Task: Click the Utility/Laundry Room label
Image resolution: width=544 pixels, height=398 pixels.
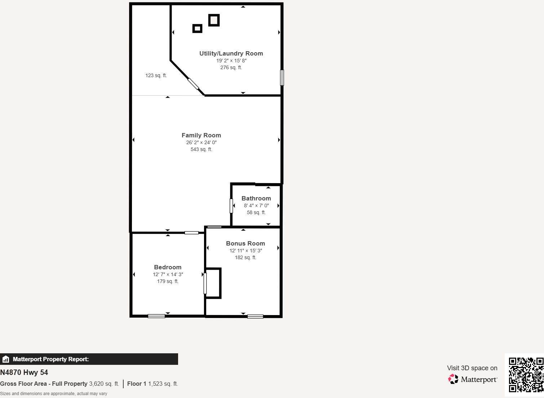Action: coord(231,53)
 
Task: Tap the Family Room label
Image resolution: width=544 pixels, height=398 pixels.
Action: coord(201,135)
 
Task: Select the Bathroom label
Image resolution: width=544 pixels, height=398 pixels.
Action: coord(256,198)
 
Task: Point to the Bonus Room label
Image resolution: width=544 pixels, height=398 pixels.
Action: coord(246,243)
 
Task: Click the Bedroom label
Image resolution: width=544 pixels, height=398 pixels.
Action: coord(168,267)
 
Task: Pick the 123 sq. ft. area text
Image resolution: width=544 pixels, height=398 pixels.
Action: coord(156,75)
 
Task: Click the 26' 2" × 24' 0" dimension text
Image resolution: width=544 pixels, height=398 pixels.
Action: coord(201,142)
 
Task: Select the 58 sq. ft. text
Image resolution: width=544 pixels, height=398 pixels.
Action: coord(256,212)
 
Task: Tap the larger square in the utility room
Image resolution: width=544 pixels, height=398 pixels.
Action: coord(214,20)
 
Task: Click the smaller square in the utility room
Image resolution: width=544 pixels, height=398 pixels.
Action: coord(197,28)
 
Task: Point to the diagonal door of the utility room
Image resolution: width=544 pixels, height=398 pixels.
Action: coord(193,84)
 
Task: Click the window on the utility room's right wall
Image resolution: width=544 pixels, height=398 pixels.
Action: coord(282,78)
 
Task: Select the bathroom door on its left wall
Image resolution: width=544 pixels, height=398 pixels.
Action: coord(231,206)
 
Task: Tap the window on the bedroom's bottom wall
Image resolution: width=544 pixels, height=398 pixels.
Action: coord(156,316)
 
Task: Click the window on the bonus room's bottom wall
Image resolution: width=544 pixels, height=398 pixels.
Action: coord(255,317)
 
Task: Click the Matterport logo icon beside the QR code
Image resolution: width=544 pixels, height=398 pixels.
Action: coord(453,379)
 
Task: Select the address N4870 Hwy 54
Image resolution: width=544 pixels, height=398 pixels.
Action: coord(24,372)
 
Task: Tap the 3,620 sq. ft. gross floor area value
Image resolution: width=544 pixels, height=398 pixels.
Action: coord(104,384)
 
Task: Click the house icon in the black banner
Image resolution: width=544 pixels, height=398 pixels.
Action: coord(5,359)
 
